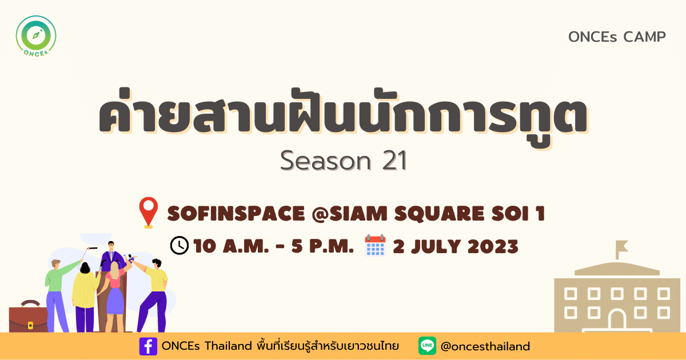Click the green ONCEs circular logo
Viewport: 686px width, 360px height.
36,36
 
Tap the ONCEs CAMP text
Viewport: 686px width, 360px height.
617,37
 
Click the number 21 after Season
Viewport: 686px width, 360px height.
394,161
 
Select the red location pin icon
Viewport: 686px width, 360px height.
149,213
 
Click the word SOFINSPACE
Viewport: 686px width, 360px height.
236,213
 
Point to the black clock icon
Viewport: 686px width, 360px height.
180,245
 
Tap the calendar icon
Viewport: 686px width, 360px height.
375,245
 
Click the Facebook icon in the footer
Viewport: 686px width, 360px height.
148,346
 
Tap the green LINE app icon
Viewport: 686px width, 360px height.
427,346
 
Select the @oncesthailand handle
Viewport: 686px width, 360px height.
485,346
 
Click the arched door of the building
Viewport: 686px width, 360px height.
617,320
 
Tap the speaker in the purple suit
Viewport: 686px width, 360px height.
113,257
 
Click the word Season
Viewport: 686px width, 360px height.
325,161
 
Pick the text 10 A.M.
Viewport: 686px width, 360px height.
231,246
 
